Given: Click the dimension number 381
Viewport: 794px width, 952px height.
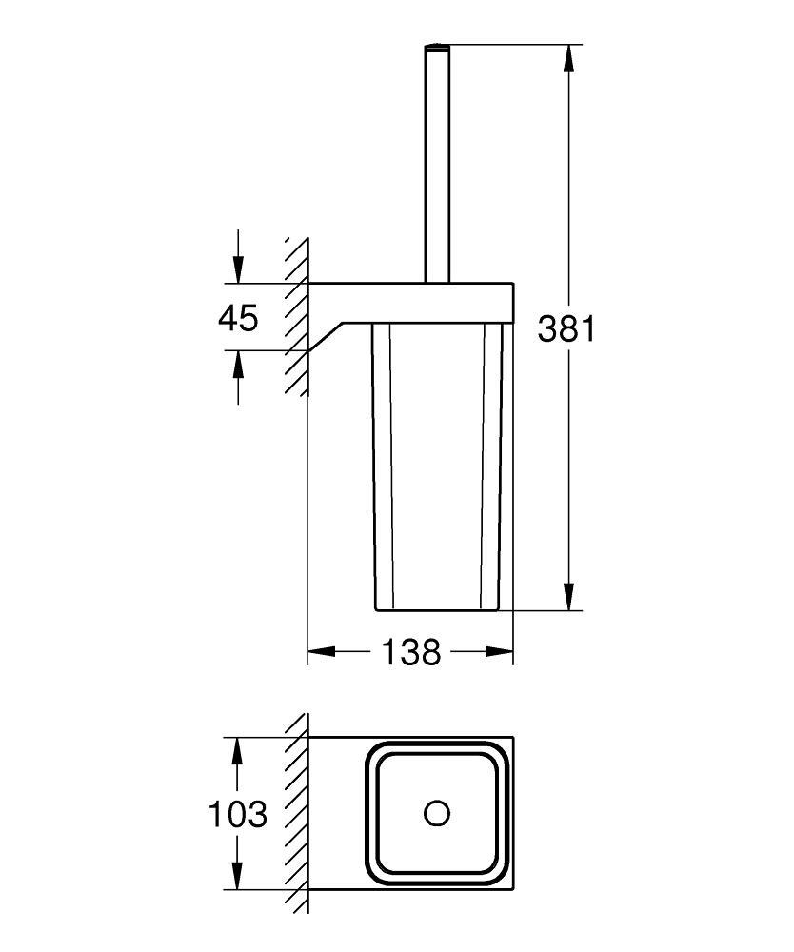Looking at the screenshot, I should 566,328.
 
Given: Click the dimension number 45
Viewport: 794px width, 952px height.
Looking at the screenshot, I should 238,318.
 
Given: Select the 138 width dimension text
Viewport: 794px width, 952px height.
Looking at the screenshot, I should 410,652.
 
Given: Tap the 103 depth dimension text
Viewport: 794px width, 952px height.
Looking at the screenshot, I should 238,814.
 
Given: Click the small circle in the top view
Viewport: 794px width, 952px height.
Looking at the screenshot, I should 437,813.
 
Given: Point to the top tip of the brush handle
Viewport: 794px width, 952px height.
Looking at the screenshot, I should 437,45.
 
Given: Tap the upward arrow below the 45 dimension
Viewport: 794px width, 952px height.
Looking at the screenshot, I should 238,365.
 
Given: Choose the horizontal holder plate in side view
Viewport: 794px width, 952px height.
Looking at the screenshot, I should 410,301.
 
